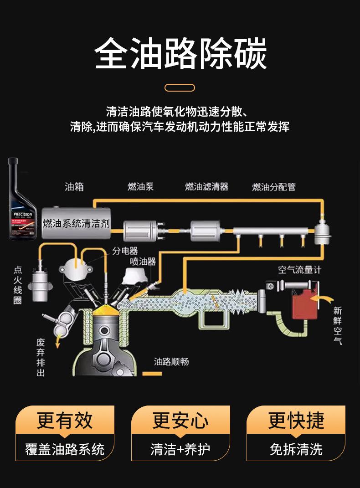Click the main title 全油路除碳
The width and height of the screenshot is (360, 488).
coord(180,54)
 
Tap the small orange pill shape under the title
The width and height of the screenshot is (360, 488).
coord(180,87)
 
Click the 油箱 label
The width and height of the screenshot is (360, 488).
coord(74,186)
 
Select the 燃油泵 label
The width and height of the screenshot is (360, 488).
coord(140,186)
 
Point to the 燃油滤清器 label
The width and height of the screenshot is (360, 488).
coord(206,186)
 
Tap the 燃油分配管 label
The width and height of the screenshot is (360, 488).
coord(274,187)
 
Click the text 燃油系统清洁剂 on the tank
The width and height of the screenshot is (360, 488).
coord(76,223)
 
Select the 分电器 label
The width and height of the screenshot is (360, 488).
coord(125,251)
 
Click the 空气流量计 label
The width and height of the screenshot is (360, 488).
coord(299,270)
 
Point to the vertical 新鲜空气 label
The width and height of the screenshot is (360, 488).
coord(337,325)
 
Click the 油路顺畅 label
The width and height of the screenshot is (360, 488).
coord(171,362)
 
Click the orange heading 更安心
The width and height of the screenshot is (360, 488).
coord(180,420)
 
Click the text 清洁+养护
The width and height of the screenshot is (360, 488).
coord(180,449)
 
